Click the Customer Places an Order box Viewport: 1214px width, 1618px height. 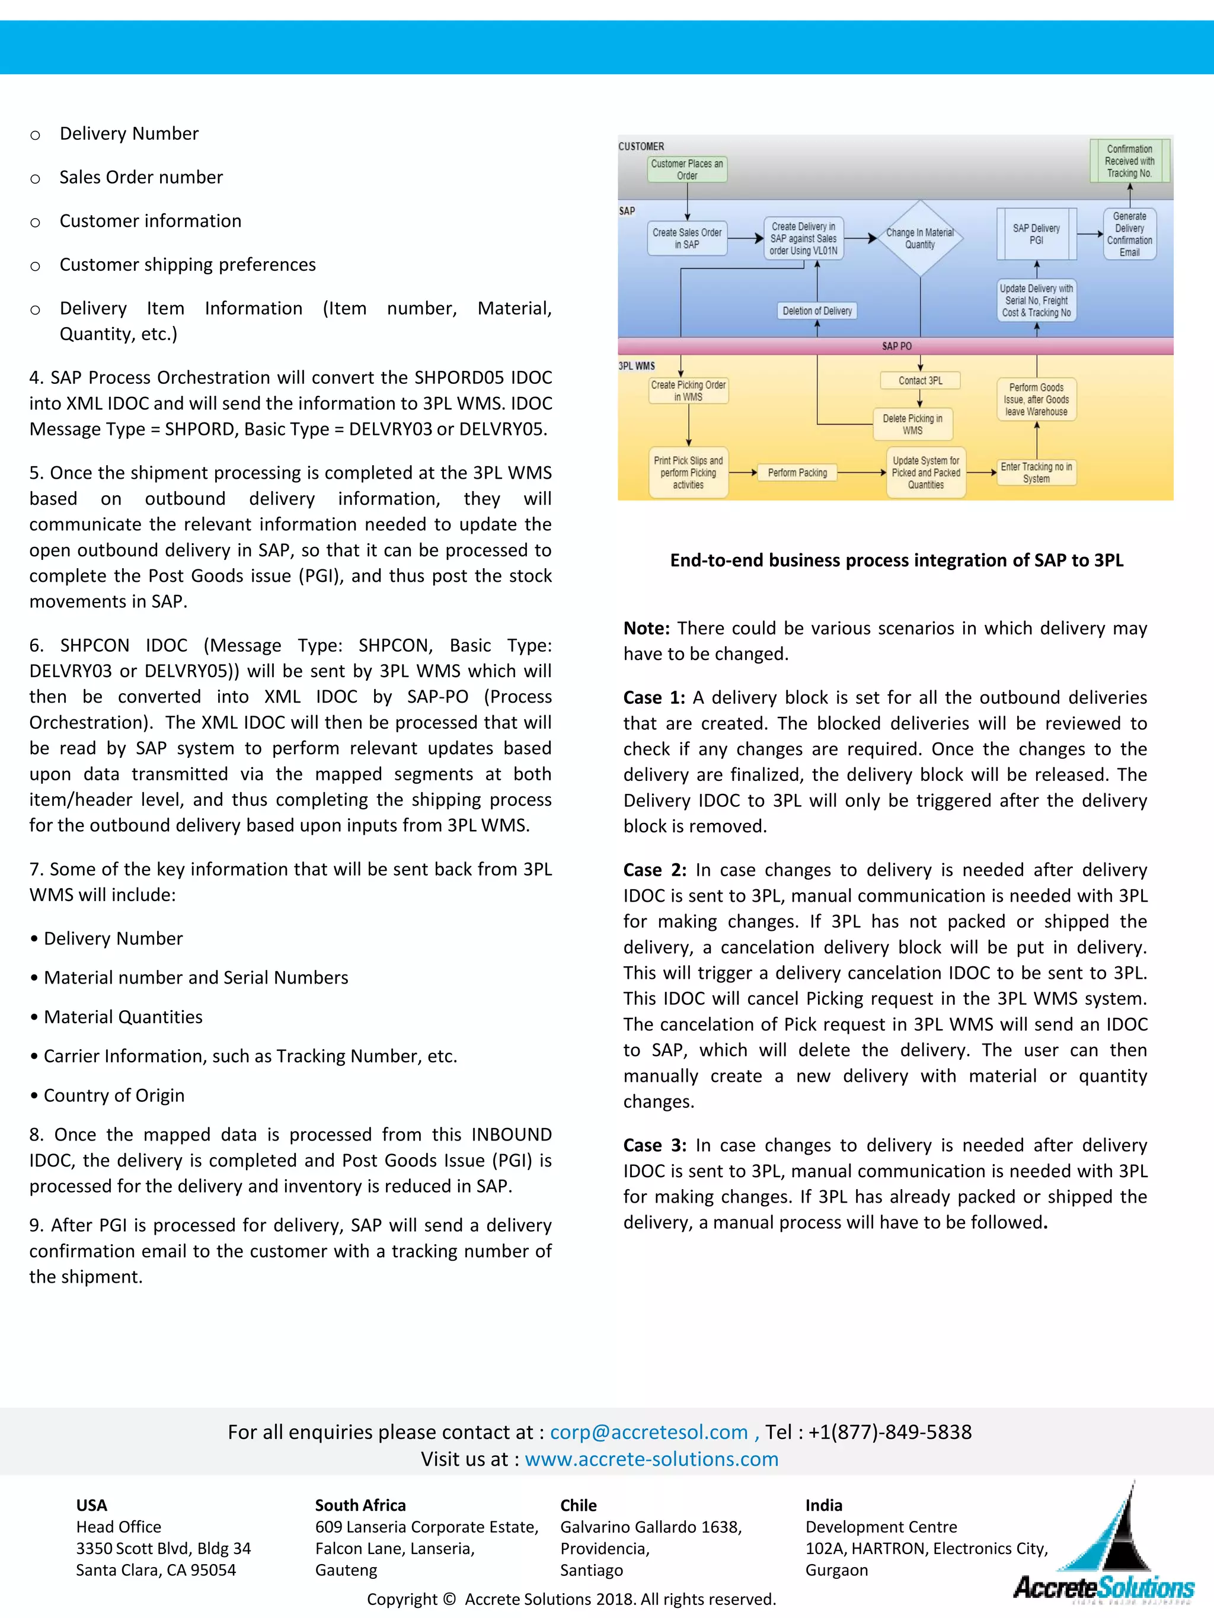coord(686,169)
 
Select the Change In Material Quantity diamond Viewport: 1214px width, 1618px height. coord(920,238)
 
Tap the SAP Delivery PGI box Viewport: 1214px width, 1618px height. coord(1036,234)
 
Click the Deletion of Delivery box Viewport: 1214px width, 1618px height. coord(817,311)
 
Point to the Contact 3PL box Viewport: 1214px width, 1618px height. coord(920,380)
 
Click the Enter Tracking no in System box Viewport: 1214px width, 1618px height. coord(1036,473)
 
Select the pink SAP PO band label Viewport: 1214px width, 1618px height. coord(896,346)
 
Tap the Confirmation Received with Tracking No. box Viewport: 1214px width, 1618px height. coord(1129,161)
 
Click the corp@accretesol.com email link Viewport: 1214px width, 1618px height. coord(648,1431)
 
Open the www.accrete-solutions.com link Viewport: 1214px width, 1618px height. coord(651,1459)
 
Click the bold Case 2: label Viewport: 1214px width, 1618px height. coord(655,870)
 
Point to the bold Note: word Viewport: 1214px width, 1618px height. coord(646,629)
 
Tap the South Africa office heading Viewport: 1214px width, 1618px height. coord(360,1505)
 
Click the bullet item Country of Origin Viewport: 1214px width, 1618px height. coord(113,1095)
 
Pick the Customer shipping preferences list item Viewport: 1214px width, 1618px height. coord(187,264)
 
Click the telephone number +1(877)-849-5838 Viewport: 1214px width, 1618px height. coord(889,1431)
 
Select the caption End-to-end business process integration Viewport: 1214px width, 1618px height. coord(896,560)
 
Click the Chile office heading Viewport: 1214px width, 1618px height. coord(578,1505)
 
